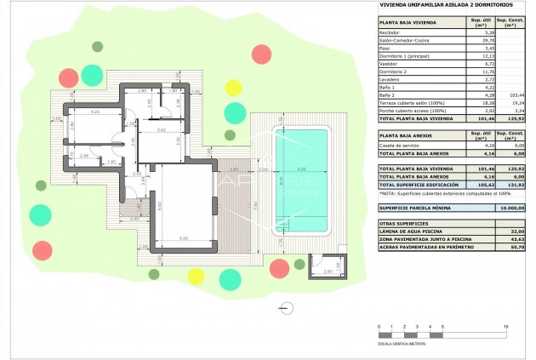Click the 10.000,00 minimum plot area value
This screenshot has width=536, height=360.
[511, 207]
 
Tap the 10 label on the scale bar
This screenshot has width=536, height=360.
[507, 327]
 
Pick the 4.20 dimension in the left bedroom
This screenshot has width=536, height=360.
[96, 111]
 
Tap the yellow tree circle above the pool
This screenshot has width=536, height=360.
[232, 86]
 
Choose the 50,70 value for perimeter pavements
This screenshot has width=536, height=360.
[513, 248]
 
